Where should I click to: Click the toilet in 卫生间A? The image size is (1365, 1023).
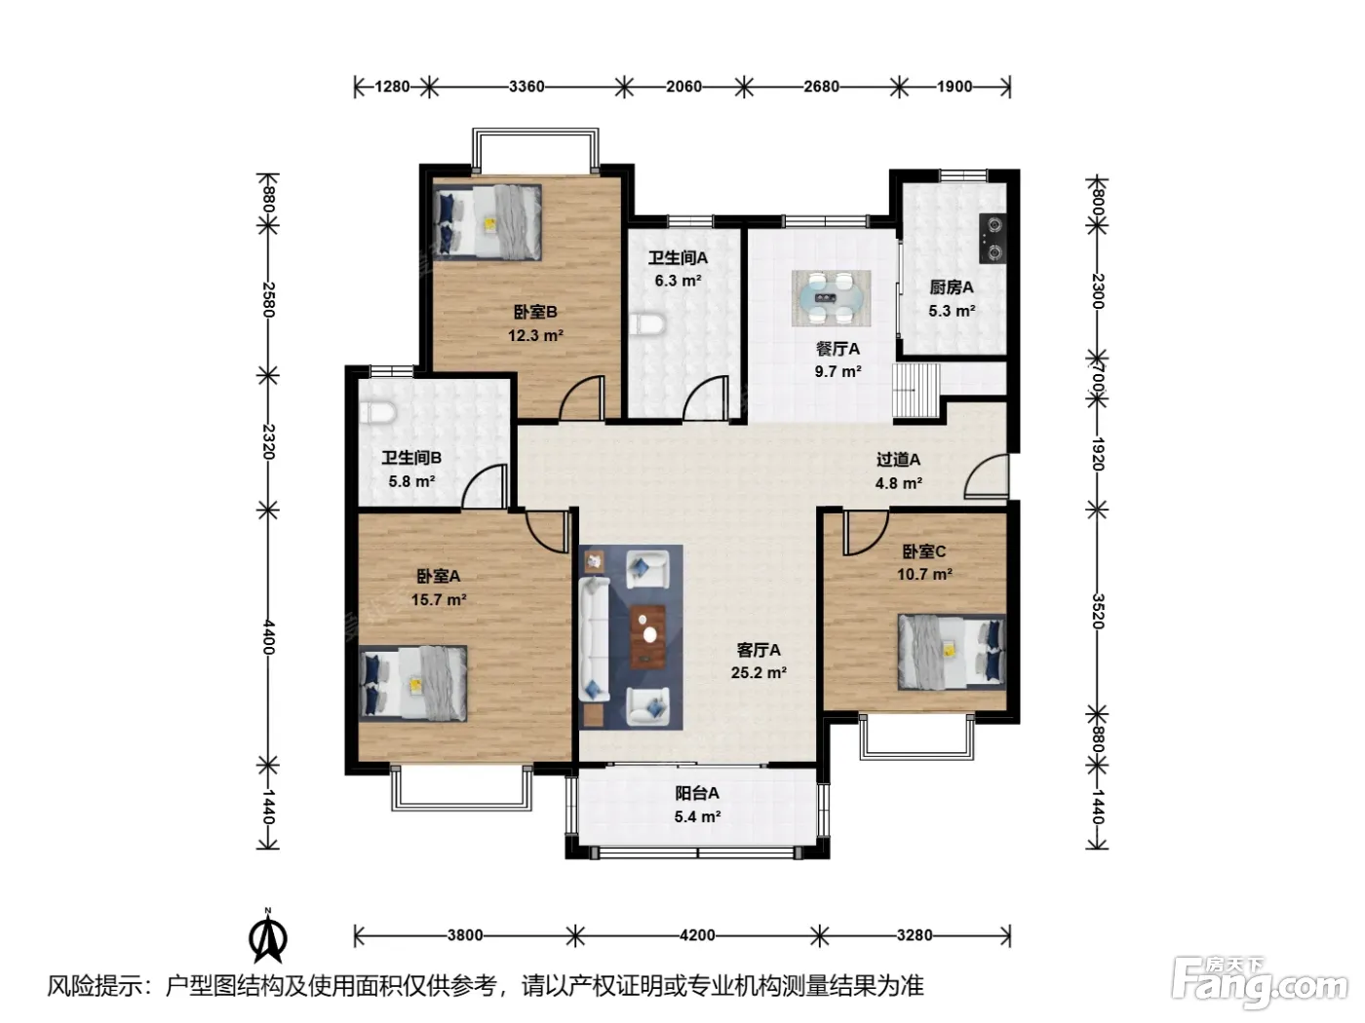[646, 324]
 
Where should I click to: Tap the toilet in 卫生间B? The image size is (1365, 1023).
[378, 412]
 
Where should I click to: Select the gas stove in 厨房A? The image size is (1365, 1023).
[993, 238]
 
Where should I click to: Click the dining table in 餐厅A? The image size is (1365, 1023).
[830, 298]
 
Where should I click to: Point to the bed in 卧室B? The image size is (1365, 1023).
[487, 222]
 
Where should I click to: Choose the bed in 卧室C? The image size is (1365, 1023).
[952, 652]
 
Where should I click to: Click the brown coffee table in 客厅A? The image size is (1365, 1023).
[648, 636]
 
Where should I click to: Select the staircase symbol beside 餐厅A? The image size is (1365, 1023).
[916, 391]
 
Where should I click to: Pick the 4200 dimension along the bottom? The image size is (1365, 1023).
[697, 935]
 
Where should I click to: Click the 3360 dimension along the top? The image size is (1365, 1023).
[526, 87]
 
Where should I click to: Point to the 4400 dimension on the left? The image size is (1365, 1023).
[268, 636]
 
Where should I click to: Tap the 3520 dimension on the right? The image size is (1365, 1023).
[1097, 611]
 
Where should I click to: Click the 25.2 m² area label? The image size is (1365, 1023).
[759, 672]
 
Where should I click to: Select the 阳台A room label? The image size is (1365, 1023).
[697, 793]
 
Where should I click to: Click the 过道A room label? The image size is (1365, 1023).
[898, 460]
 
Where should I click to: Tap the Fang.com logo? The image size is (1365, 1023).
[1260, 984]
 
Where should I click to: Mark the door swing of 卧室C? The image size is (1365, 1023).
[866, 533]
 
